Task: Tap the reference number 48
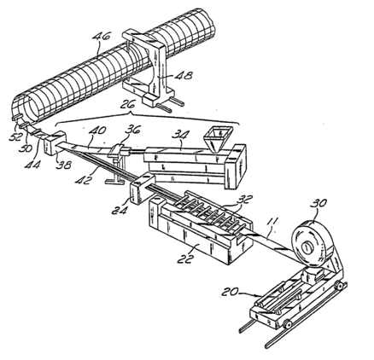(184, 76)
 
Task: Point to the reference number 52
(15, 137)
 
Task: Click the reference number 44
(32, 165)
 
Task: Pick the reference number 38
(63, 165)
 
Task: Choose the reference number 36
(131, 130)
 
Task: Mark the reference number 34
(181, 134)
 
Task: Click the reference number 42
(84, 180)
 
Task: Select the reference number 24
(120, 210)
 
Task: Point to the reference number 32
(244, 200)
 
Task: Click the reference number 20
(231, 292)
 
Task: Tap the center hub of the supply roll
(308, 247)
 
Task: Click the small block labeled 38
(55, 143)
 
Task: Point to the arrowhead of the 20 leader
(258, 294)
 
